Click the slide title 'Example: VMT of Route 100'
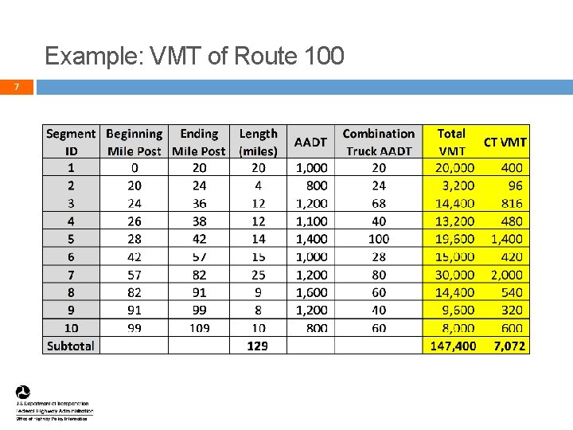click(195, 56)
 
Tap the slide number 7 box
click(17, 87)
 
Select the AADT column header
click(310, 142)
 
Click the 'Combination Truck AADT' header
click(379, 142)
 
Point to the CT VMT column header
click(505, 142)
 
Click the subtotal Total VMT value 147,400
click(453, 346)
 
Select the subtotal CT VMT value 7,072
click(509, 346)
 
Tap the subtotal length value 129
click(257, 346)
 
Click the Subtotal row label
click(71, 346)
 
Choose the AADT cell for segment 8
click(310, 292)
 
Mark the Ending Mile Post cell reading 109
click(199, 328)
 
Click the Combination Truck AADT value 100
click(379, 239)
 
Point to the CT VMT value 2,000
click(507, 275)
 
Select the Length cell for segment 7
click(258, 275)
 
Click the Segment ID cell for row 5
click(71, 239)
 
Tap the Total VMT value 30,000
click(454, 275)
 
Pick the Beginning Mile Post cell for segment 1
click(134, 168)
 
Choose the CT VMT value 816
click(512, 203)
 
